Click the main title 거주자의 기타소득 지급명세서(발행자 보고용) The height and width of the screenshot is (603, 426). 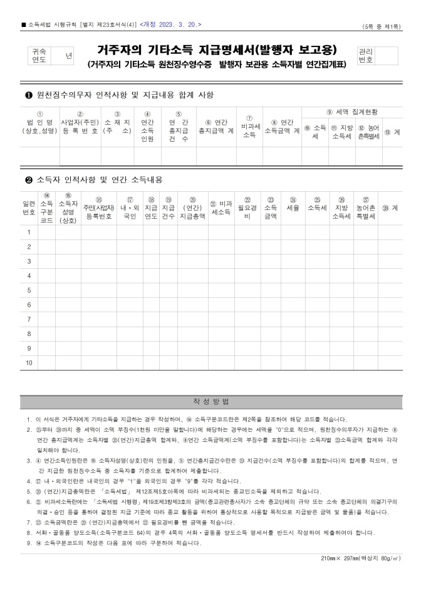coord(217,50)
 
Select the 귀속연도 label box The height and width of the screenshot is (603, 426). coord(39,56)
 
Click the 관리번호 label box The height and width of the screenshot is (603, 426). coord(365,56)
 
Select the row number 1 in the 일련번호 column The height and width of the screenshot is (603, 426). coord(29,233)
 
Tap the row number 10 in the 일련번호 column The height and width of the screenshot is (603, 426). coord(29,363)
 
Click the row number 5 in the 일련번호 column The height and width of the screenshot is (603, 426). coord(29,290)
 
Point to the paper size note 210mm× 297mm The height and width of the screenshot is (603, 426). coord(360,557)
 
